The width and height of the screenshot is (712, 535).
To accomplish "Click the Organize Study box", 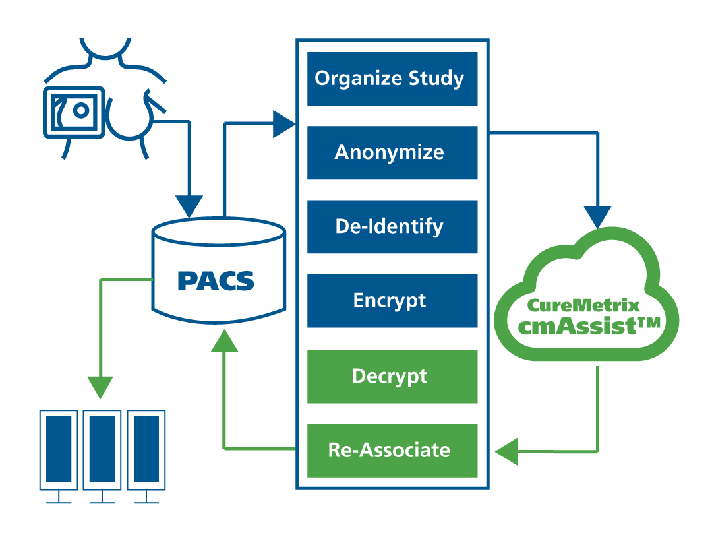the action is point(392,79).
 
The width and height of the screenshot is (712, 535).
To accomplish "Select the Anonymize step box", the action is point(392,153).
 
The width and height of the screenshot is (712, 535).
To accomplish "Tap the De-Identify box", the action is point(392,227).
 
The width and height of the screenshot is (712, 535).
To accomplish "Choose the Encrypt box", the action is point(392,301).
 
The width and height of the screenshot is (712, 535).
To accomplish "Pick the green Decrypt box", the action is point(392,377).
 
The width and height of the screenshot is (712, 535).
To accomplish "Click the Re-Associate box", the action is point(392,451).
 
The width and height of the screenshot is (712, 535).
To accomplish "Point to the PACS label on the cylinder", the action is point(216,281).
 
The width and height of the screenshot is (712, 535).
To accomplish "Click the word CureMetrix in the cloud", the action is point(583,305).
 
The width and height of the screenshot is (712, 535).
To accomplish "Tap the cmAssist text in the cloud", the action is point(577,326).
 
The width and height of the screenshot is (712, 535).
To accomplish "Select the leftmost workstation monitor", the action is point(59,450).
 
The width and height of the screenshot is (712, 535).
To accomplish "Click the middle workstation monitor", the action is point(102,450).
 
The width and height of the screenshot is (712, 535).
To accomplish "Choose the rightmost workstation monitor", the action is point(146,450).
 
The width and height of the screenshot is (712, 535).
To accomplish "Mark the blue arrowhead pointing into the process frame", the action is point(283,124).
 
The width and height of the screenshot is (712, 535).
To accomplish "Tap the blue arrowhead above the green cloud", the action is point(597,217).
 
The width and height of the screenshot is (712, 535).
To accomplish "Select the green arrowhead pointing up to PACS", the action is point(224,342).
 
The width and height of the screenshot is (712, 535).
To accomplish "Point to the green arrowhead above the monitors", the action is point(100,387).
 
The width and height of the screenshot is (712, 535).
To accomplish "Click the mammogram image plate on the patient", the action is point(74,112).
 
